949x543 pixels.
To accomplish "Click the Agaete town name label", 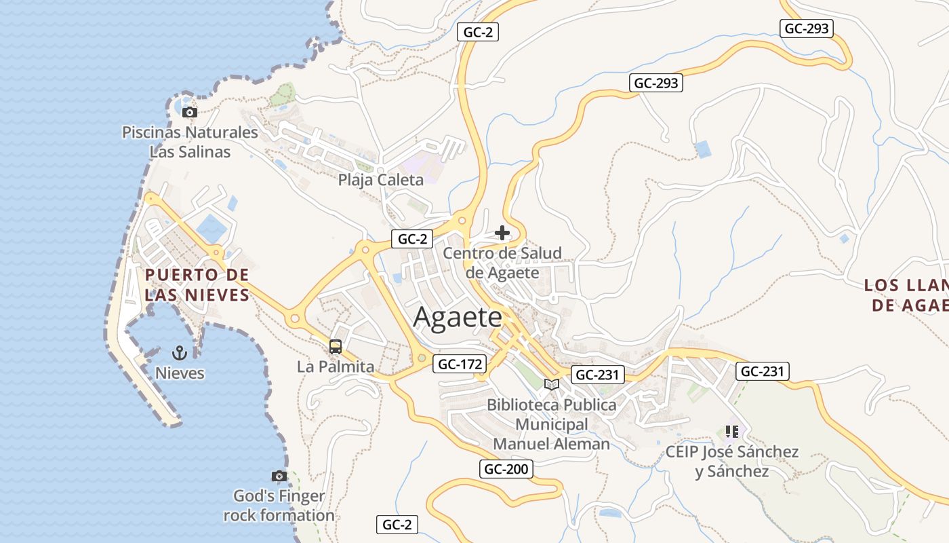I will tap(458, 317).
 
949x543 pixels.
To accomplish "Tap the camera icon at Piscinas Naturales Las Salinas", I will tap(190, 113).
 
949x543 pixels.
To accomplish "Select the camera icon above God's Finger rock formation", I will tap(279, 476).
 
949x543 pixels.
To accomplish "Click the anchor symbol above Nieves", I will tap(180, 352).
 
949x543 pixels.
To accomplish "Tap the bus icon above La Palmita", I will tap(335, 347).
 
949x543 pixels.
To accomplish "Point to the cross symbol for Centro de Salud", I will tap(502, 233).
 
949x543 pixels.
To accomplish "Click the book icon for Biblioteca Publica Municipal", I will tap(552, 385).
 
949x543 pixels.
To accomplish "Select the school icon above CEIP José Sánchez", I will tap(731, 431).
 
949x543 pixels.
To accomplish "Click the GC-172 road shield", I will tap(460, 364).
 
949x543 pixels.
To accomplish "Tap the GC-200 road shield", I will tap(506, 468).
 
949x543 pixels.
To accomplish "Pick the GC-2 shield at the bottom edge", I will tap(397, 524).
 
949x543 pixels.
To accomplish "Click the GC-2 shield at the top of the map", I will tap(477, 32).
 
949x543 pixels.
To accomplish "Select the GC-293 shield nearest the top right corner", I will tap(806, 29).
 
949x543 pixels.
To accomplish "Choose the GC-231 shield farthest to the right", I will tap(762, 371).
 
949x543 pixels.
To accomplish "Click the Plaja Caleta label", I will tap(380, 180).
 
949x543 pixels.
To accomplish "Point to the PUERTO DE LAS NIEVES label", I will tap(197, 285).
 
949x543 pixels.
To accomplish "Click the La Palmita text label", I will tap(335, 367).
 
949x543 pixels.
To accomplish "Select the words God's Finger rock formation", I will tap(279, 506).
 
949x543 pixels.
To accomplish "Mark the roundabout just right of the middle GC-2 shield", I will tap(463, 219).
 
